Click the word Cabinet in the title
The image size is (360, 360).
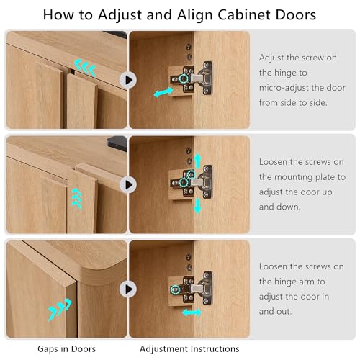point(245,14)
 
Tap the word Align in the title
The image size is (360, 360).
point(194,16)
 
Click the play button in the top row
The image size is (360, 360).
point(128,80)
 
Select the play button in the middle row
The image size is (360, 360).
point(128,184)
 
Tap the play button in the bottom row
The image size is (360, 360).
point(128,289)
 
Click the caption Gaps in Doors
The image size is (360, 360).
point(66,348)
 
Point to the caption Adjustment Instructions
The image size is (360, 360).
point(189,348)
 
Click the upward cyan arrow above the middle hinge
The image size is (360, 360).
point(197,161)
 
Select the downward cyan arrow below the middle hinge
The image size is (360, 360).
point(197,206)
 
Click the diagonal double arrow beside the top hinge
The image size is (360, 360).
point(163,92)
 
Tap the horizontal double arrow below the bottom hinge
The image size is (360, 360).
point(192,312)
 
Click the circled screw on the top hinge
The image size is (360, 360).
point(184,78)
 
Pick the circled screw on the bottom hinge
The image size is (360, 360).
point(176,289)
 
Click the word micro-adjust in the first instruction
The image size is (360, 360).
point(284,88)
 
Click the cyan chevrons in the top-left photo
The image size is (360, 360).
point(85,68)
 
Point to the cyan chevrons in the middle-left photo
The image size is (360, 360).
point(76,199)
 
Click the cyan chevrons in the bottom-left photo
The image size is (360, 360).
point(60,310)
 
